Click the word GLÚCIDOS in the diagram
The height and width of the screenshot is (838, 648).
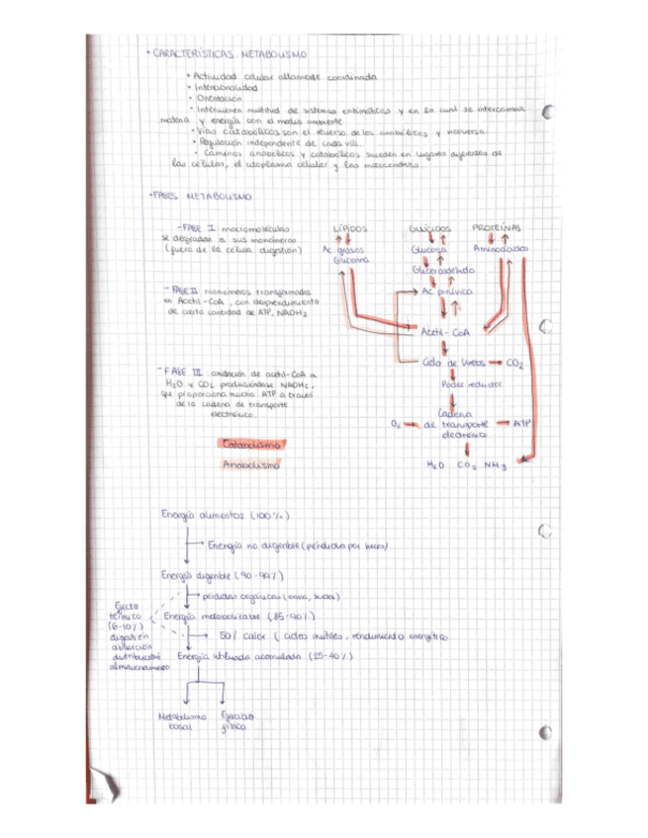429,229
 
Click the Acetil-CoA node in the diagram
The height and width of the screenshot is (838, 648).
444,332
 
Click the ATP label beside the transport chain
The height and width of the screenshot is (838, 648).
522,423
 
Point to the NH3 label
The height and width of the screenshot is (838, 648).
496,463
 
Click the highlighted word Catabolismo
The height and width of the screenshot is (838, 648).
254,444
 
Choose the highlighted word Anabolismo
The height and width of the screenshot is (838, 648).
251,464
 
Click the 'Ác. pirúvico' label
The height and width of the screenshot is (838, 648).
447,293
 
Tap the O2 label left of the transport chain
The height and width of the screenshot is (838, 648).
394,423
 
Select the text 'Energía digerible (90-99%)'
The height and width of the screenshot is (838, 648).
224,574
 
